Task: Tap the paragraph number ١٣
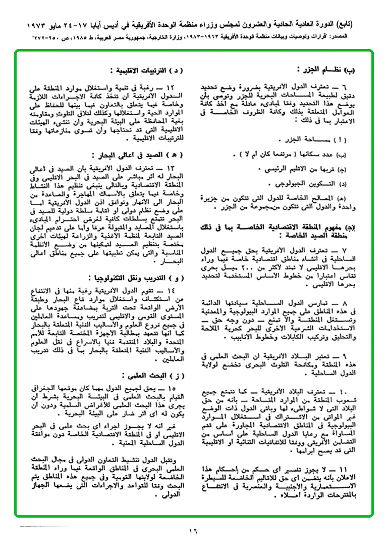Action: [x=171, y=167]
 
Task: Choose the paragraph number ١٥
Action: [x=171, y=388]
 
